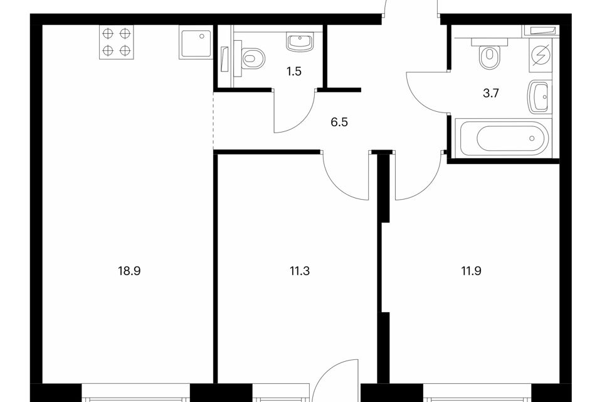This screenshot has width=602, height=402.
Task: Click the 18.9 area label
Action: click(129, 271)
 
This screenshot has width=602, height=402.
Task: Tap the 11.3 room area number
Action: click(300, 271)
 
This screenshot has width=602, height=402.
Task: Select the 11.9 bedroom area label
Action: click(471, 271)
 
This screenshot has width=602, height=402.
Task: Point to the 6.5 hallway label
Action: click(339, 122)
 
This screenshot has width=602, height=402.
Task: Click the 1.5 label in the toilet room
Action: click(293, 72)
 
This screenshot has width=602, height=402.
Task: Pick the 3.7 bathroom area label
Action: click(490, 93)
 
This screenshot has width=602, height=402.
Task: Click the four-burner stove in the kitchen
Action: click(117, 42)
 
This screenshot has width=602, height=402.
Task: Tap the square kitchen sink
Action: click(196, 42)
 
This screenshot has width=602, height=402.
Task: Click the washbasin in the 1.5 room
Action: click(300, 41)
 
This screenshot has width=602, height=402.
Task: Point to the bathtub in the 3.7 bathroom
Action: click(503, 138)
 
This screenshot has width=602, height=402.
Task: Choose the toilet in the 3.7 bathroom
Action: click(490, 54)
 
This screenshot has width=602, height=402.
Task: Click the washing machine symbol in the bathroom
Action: click(541, 55)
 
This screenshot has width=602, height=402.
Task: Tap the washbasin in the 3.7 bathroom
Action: click(540, 97)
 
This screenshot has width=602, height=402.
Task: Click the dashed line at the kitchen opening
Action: click(213, 121)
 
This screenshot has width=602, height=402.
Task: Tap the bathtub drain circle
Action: click(532, 138)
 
